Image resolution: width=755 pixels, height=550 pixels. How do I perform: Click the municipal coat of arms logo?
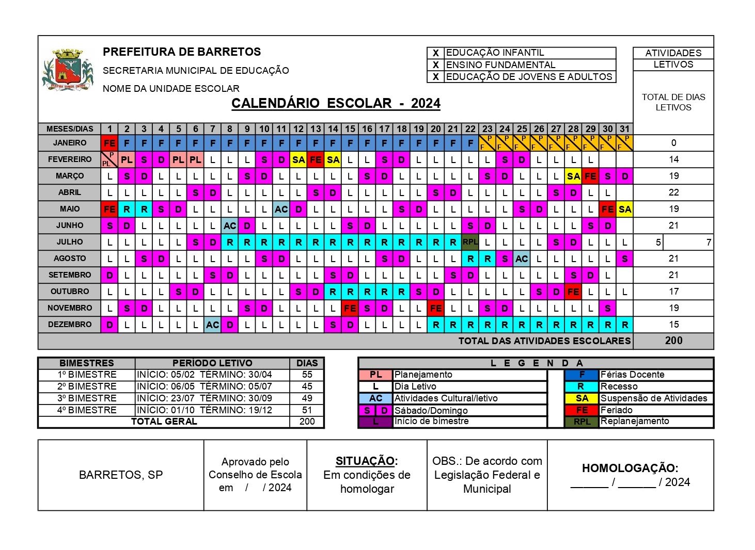68,70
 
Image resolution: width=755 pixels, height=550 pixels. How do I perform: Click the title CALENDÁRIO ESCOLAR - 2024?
336,103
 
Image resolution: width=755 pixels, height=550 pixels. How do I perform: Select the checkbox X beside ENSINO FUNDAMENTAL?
436,65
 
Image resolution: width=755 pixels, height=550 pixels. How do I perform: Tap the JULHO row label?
70,242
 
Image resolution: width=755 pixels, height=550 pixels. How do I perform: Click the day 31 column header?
625,129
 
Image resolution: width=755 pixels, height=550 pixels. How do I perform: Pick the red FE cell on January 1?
109,143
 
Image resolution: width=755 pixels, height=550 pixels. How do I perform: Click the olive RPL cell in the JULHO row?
470,241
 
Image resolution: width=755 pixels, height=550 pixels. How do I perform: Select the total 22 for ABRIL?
673,192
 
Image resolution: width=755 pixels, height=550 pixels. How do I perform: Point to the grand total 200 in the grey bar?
673,341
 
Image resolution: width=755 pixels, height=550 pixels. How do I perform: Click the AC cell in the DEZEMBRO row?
212,325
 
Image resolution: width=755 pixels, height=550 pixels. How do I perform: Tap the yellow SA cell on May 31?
625,209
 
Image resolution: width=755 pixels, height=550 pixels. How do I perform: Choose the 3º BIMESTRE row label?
87,398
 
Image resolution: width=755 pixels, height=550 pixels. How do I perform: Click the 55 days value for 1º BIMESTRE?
307,375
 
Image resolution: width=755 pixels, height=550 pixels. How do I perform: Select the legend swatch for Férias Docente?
582,375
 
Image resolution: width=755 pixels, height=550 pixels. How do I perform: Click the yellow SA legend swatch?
582,398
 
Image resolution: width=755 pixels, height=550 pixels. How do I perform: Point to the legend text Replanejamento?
634,421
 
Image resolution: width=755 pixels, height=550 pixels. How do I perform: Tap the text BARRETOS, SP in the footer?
121,475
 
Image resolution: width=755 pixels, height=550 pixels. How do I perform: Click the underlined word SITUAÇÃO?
366,461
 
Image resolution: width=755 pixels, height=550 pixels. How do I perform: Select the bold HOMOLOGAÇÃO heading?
630,468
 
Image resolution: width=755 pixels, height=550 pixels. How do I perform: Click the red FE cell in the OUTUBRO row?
573,292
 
